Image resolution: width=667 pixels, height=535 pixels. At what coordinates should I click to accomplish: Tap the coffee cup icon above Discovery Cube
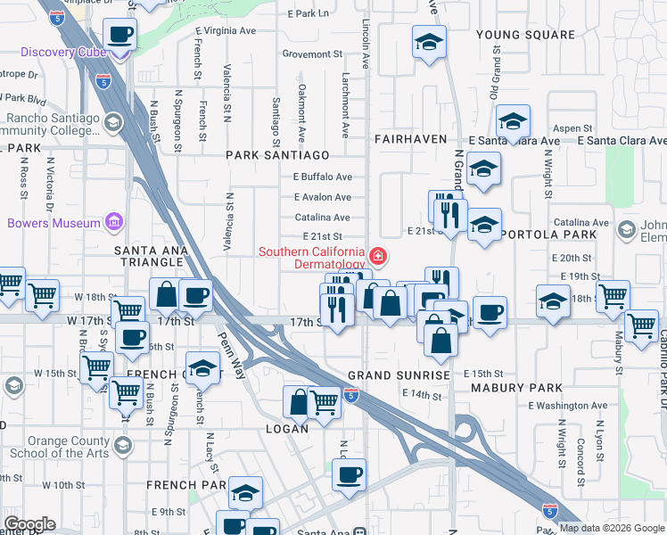pos(119,36)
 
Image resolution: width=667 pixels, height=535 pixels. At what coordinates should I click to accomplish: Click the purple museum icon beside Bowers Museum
pos(113,222)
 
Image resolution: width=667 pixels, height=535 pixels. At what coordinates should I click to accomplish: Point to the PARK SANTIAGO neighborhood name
pos(272,155)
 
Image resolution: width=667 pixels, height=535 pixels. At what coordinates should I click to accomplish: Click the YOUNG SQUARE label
pos(525,35)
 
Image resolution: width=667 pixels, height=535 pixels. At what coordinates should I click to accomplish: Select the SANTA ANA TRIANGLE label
pos(152,251)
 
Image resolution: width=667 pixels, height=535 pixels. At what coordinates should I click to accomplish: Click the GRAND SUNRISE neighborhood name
pos(399,375)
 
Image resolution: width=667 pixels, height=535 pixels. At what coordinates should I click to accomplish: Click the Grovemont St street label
pos(307,54)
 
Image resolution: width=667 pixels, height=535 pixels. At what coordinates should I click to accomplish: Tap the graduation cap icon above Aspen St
pos(514,122)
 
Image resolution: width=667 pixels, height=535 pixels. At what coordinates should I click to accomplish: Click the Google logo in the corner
pos(29,524)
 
